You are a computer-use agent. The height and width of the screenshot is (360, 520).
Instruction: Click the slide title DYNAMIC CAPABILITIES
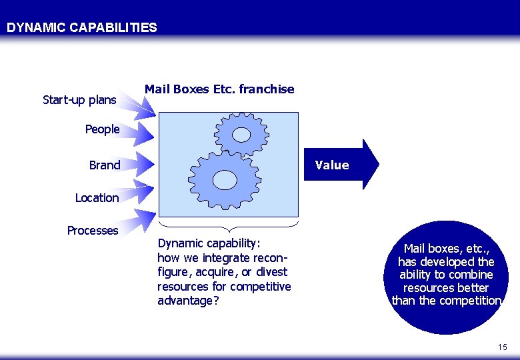tap(82, 28)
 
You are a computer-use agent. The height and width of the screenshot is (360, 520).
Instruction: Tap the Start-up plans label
tap(79, 100)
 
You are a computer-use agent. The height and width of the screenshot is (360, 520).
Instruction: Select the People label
tap(102, 129)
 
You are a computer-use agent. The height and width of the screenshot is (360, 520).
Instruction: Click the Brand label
tap(105, 165)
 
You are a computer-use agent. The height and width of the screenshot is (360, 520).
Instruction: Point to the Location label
tap(97, 198)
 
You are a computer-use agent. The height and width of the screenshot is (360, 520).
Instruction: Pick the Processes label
tap(92, 231)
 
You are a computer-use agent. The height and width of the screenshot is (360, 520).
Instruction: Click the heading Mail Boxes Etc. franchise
tap(219, 89)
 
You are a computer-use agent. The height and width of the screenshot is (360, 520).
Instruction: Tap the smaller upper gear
tap(241, 135)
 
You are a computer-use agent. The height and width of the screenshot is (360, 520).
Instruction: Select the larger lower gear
tap(225, 179)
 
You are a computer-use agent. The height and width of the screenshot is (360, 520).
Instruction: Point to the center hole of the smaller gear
tap(241, 135)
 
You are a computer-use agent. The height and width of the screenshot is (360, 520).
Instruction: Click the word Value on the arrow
tap(332, 165)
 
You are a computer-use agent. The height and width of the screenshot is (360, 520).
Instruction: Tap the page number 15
tap(502, 347)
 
